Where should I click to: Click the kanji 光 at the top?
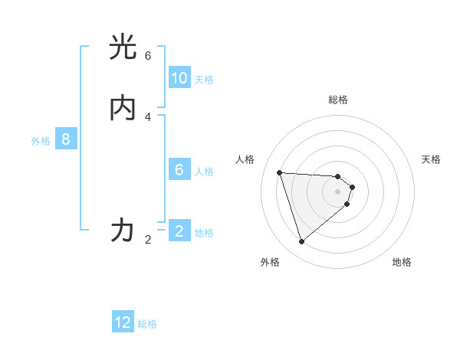pos(123,47)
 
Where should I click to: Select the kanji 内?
pos(123,108)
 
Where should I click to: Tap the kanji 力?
pos(123,230)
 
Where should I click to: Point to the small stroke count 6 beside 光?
pos(148,56)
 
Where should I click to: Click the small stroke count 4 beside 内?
pos(148,116)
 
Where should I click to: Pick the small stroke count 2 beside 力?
pos(148,240)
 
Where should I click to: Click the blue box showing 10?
pos(179,78)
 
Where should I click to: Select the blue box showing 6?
pos(179,170)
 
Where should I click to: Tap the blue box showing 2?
pos(179,231)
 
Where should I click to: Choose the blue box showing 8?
pos(66,139)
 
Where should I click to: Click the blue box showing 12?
pos(123,322)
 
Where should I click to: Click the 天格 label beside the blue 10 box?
pos(204,80)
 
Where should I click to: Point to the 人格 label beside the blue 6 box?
pos(204,172)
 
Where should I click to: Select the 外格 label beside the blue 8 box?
pos(41,141)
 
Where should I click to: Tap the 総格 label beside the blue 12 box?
pos(147,324)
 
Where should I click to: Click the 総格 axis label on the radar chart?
pos(338,100)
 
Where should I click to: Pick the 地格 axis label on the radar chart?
pos(402,262)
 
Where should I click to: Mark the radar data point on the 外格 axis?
pos(301,242)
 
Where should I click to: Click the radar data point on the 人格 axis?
pos(279,172)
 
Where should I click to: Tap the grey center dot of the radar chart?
pos(338,201)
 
